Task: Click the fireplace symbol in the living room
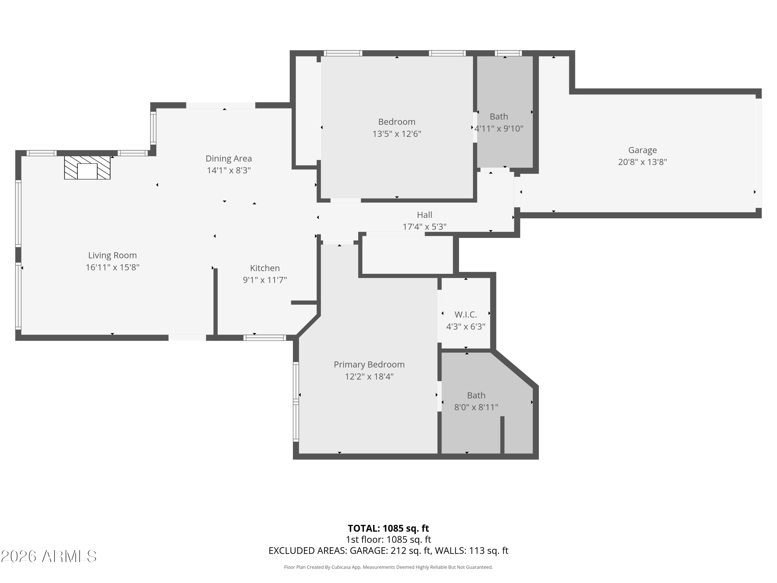click(87, 168)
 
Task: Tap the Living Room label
click(112, 255)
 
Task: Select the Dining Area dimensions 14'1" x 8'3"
click(229, 170)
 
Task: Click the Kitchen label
click(265, 268)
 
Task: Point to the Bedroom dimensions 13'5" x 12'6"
click(397, 134)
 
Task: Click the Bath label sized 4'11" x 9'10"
click(499, 116)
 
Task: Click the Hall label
click(424, 215)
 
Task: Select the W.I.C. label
click(465, 315)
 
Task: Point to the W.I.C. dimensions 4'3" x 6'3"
click(465, 326)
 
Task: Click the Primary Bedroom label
click(369, 364)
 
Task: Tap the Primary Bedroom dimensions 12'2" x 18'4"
click(369, 377)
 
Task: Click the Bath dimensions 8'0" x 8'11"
click(476, 407)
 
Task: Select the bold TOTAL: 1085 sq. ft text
click(388, 528)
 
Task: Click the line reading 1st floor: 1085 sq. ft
click(388, 539)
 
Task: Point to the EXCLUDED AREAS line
click(388, 551)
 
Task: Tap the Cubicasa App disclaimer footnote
click(388, 567)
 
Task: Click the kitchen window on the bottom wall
click(265, 338)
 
